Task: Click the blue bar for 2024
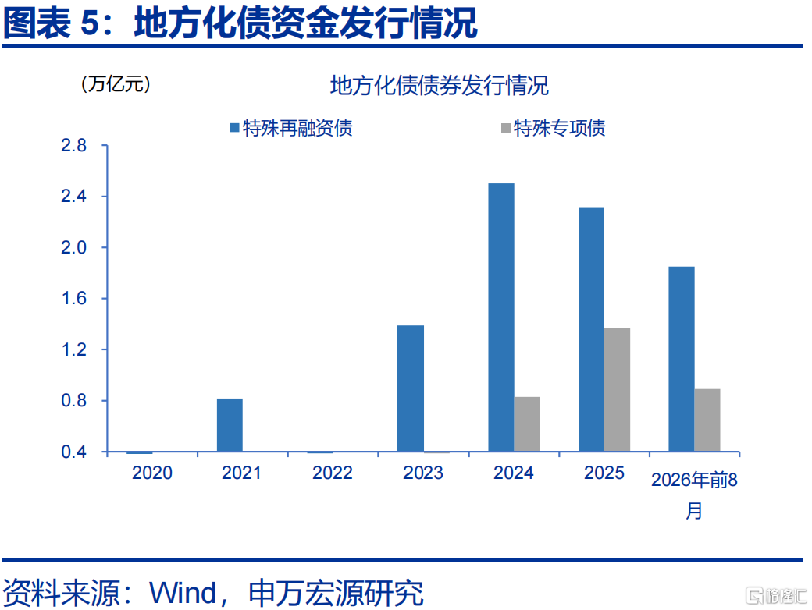pyautogui.click(x=501, y=317)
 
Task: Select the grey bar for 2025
pyautogui.click(x=618, y=389)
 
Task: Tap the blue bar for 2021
pyautogui.click(x=230, y=425)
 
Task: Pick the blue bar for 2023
pyautogui.click(x=411, y=388)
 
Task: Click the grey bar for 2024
pyautogui.click(x=527, y=424)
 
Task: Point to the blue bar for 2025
pyautogui.click(x=591, y=330)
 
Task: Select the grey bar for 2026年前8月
pyautogui.click(x=707, y=420)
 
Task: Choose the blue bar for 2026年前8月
pyautogui.click(x=682, y=359)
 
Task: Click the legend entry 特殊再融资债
pyautogui.click(x=291, y=128)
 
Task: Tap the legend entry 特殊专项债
pyautogui.click(x=554, y=128)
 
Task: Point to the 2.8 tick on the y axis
pyautogui.click(x=73, y=145)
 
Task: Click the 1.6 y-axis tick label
pyautogui.click(x=73, y=299)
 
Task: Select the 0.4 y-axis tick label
pyautogui.click(x=73, y=452)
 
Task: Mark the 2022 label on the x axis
pyautogui.click(x=333, y=473)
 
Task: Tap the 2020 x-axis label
pyautogui.click(x=152, y=473)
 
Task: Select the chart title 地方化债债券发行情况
pyautogui.click(x=439, y=86)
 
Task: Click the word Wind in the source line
pyautogui.click(x=183, y=593)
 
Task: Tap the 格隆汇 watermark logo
pyautogui.click(x=776, y=595)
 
